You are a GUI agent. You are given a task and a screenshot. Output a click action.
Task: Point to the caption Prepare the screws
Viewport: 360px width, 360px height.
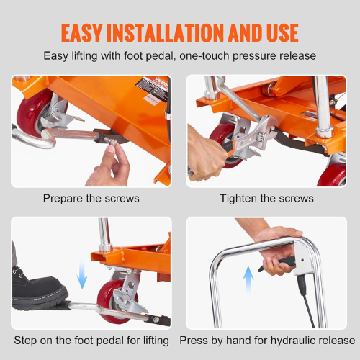tap(91, 198)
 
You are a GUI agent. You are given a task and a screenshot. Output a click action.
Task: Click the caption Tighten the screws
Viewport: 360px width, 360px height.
tap(267, 198)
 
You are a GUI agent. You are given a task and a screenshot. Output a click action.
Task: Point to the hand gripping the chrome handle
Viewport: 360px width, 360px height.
tap(277, 248)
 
